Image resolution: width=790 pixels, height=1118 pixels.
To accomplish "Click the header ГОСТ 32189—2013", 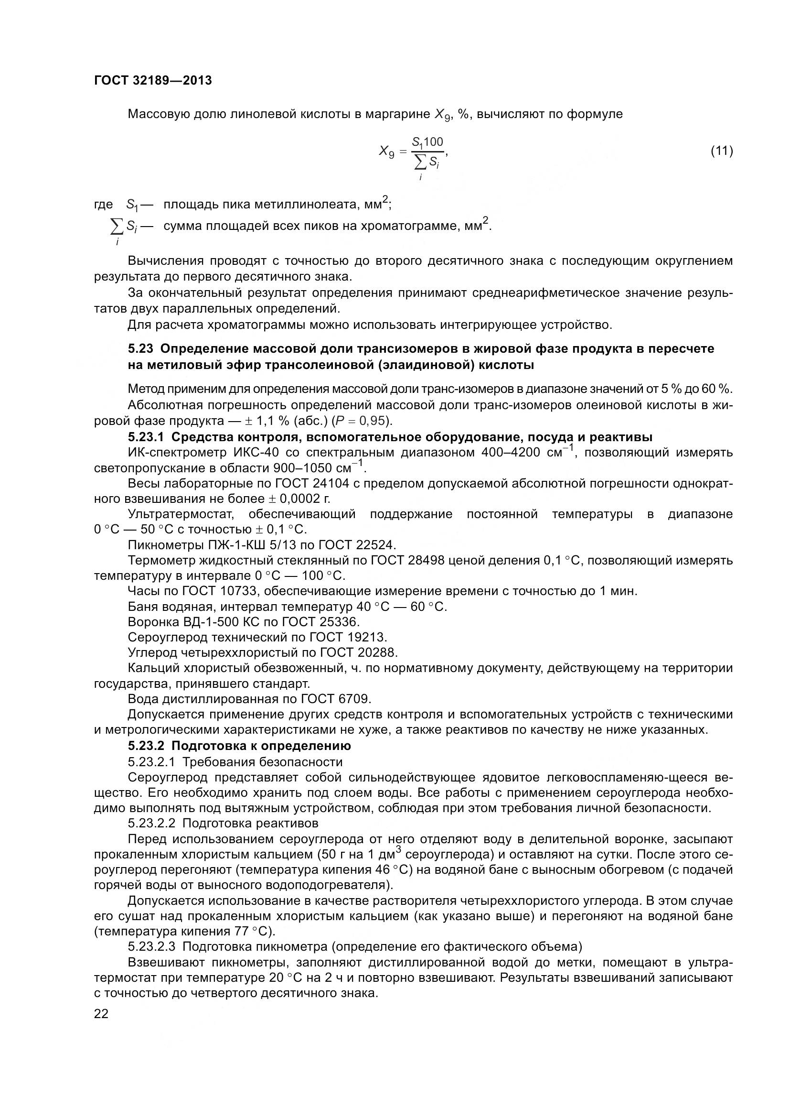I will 153,80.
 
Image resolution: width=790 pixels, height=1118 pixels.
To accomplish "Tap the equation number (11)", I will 722,151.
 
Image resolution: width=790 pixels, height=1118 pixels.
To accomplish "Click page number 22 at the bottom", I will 101,1014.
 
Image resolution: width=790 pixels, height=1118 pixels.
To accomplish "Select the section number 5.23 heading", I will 140,348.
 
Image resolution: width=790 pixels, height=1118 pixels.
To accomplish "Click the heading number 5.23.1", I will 147,437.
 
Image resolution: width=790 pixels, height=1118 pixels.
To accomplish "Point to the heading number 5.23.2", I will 147,746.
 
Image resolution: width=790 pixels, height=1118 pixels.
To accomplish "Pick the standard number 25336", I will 340,622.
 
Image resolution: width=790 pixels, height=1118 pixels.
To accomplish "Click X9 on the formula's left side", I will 387,152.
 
